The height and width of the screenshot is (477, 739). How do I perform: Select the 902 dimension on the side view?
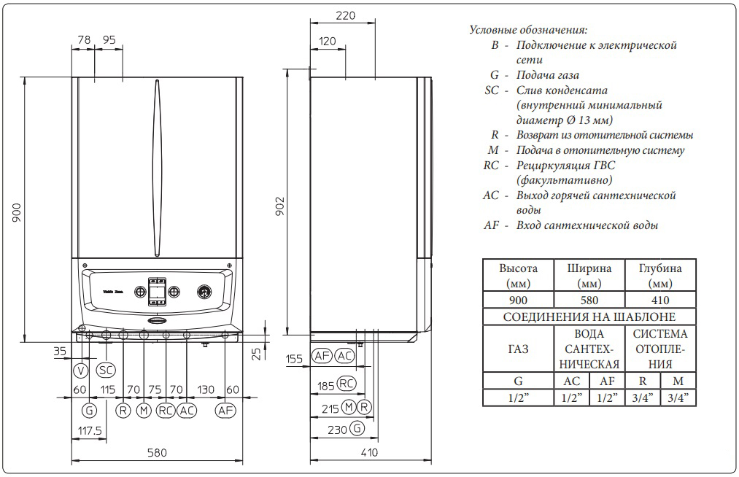(280, 207)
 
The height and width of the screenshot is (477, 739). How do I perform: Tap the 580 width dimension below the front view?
(157, 453)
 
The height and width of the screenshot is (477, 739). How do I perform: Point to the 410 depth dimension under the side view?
(369, 453)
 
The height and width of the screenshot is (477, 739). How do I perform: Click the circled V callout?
(80, 371)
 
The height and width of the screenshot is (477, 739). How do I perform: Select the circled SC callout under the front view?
(106, 371)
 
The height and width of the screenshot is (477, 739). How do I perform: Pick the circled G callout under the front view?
(89, 411)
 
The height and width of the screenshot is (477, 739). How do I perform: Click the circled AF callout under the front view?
(226, 411)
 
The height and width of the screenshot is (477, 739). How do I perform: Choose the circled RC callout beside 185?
(347, 384)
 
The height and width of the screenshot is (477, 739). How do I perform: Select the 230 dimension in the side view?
(337, 429)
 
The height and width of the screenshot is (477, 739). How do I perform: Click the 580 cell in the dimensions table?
(589, 300)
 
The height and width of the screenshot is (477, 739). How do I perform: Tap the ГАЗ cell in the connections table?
(518, 349)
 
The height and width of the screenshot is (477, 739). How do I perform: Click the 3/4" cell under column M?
(678, 397)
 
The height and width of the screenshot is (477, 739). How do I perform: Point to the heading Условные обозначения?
(527, 30)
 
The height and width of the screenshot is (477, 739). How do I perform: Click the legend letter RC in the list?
(491, 166)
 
